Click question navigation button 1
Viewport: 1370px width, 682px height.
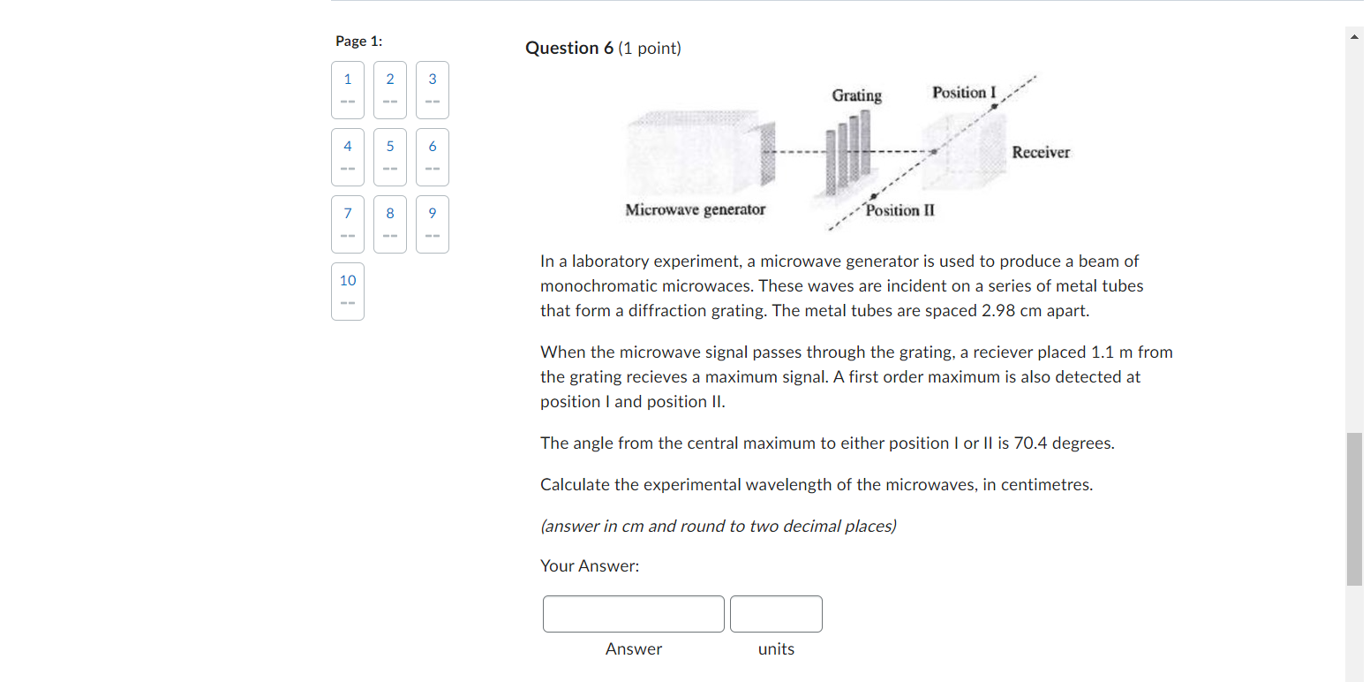pyautogui.click(x=348, y=89)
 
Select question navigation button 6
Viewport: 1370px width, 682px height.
pyautogui.click(x=433, y=156)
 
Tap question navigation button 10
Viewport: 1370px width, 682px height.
pyautogui.click(x=348, y=291)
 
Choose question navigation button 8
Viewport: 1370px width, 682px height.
pyautogui.click(x=390, y=224)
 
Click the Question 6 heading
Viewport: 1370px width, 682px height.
pyautogui.click(x=603, y=49)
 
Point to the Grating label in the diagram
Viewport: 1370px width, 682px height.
pyautogui.click(x=856, y=95)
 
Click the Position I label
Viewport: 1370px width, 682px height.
pyautogui.click(x=964, y=93)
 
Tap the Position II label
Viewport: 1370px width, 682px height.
pyautogui.click(x=900, y=210)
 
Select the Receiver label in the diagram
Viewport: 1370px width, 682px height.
pyautogui.click(x=1041, y=153)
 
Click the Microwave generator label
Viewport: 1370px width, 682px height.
pyautogui.click(x=695, y=210)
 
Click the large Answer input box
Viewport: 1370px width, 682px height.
pyautogui.click(x=633, y=614)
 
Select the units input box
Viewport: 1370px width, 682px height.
pyautogui.click(x=776, y=614)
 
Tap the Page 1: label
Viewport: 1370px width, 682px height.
pyautogui.click(x=358, y=42)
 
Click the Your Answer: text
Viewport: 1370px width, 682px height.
pyautogui.click(x=590, y=566)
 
